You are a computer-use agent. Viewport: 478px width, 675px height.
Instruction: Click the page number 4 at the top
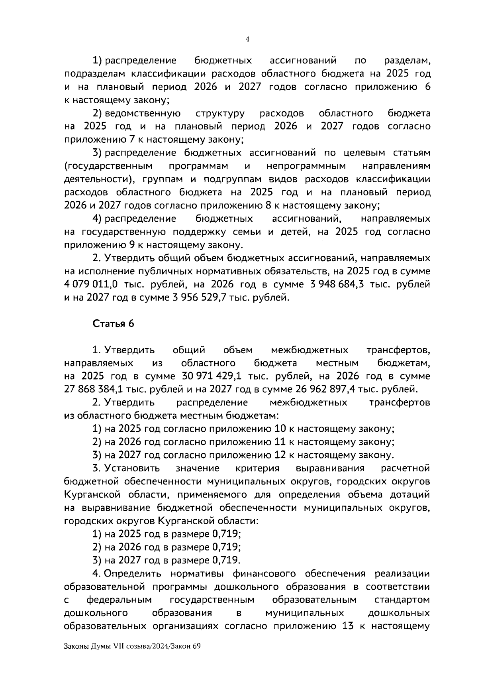[x=247, y=39]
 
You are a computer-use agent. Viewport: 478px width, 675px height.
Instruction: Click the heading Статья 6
[x=114, y=323]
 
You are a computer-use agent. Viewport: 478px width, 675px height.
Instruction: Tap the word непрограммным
[x=306, y=166]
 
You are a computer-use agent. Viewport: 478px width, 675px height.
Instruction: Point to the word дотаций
[x=412, y=494]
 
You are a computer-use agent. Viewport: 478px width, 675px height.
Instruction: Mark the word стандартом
[x=402, y=599]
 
